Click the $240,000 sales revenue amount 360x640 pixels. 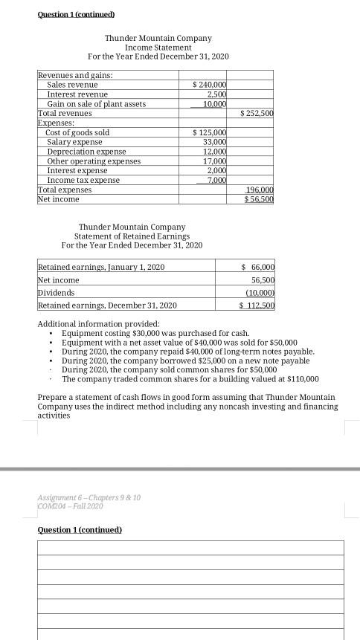210,85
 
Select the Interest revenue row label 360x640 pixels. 77,95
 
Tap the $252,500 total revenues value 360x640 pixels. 259,114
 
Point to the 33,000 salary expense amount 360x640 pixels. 214,142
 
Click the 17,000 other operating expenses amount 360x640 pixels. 214,161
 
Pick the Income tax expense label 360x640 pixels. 83,181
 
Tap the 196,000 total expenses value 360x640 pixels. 260,190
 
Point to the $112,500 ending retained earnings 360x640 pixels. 257,306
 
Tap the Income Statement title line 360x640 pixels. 158,47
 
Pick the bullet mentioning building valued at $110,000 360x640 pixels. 190,378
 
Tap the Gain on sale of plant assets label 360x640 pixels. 96,105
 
